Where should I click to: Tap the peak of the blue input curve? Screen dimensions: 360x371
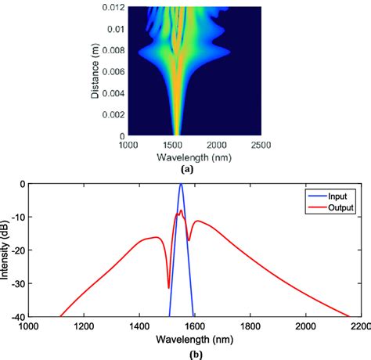182,185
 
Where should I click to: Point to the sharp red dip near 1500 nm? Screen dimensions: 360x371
168,287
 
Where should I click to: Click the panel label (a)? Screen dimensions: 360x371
185,168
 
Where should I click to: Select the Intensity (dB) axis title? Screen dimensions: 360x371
6,250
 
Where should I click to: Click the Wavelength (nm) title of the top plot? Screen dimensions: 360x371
185,157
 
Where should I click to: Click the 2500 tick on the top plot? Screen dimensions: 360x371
261,146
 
